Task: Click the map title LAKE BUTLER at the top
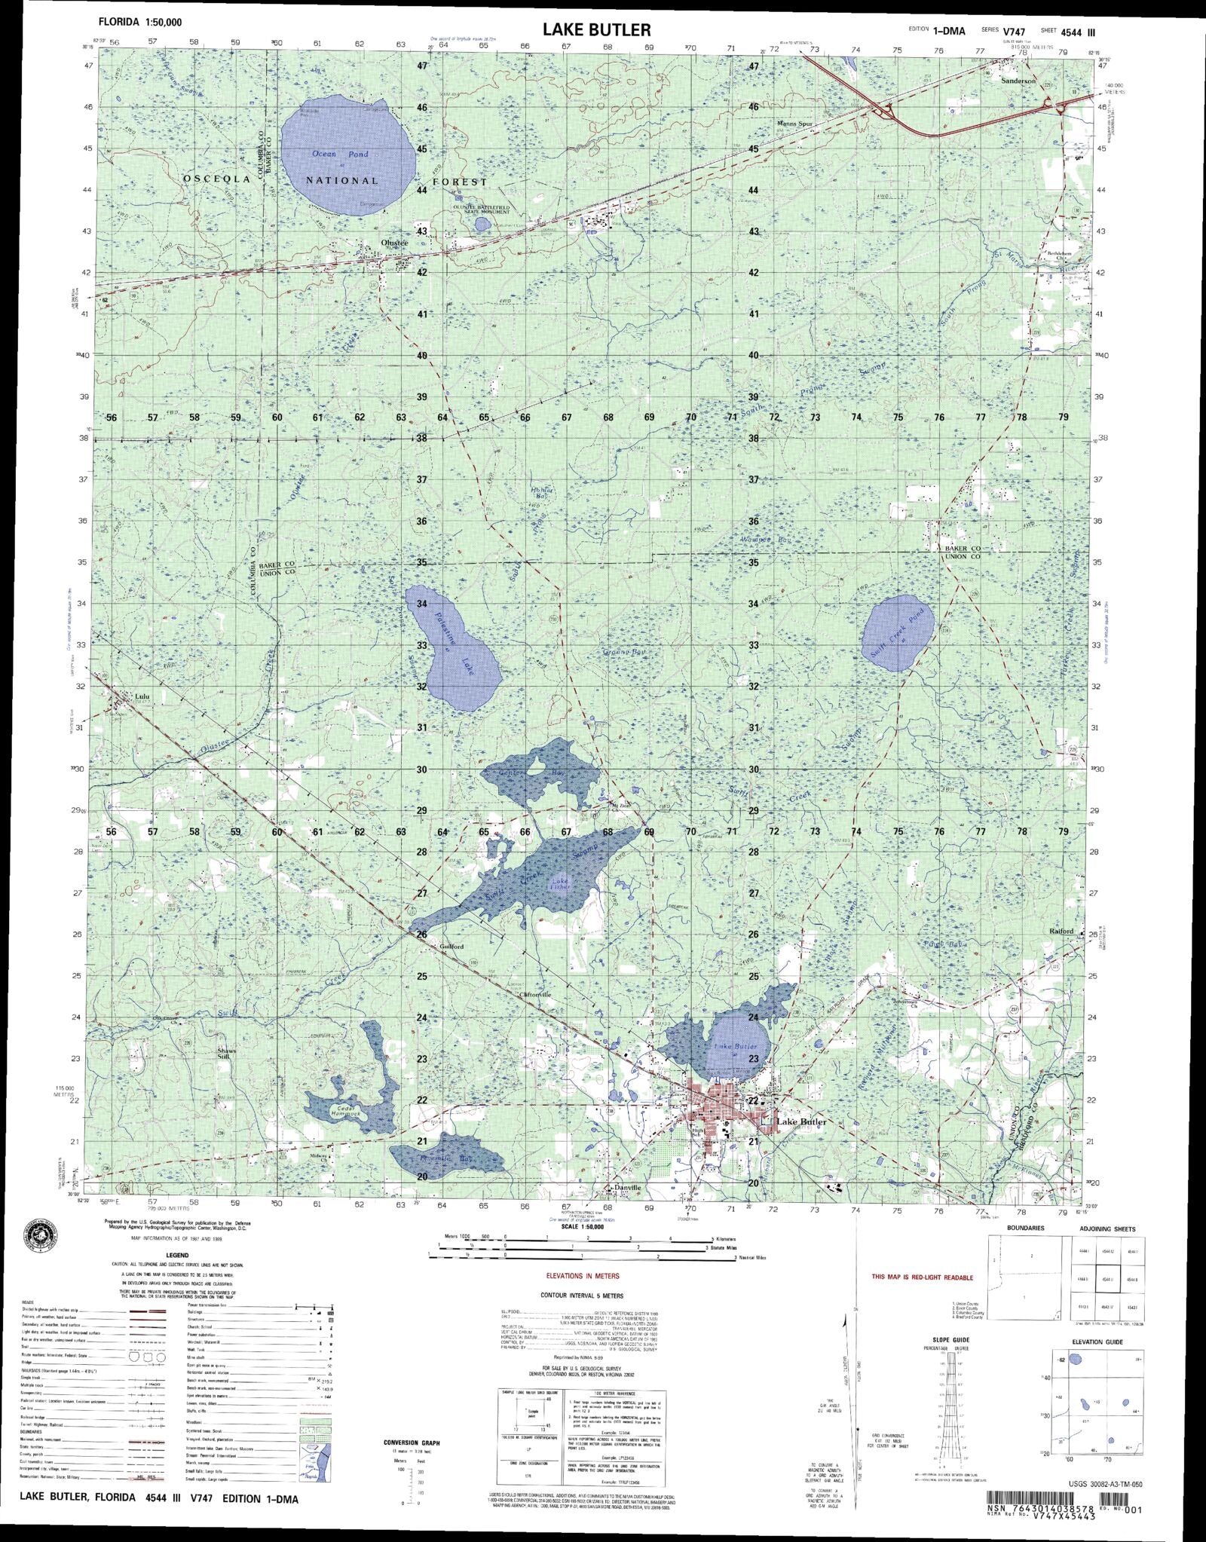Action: tap(595, 29)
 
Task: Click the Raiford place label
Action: tap(1061, 932)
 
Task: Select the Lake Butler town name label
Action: tap(801, 1122)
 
